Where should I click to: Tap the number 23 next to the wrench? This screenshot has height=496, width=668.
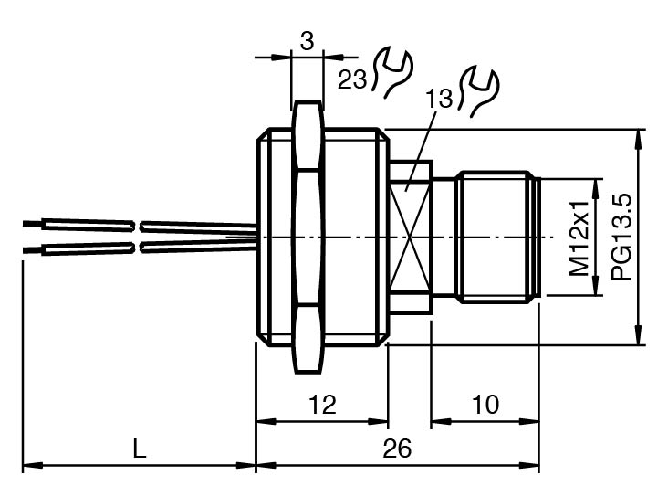point(353,79)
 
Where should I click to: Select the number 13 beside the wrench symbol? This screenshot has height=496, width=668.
point(440,100)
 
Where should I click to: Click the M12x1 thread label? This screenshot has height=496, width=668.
point(579,238)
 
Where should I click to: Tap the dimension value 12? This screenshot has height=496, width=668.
point(322,404)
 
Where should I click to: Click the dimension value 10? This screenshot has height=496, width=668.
point(485,404)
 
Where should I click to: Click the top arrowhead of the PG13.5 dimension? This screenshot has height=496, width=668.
point(637,137)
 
